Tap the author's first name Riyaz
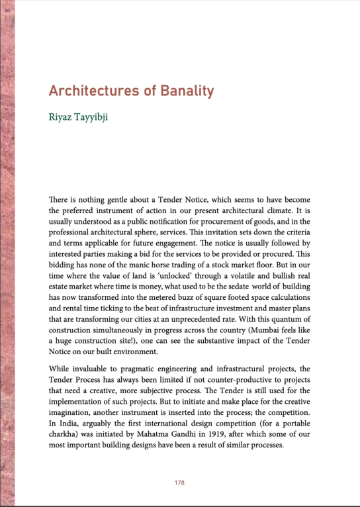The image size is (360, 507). pyautogui.click(x=62, y=121)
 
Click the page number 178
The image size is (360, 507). pyautogui.click(x=180, y=483)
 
